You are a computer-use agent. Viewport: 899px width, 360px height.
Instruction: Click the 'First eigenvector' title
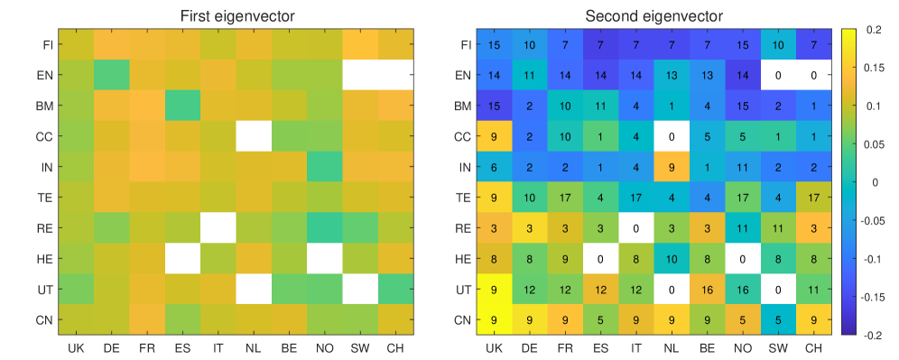coord(238,16)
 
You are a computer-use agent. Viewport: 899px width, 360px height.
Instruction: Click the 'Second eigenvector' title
coord(653,16)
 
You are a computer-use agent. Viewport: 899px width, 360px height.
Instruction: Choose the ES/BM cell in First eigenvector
coord(183,106)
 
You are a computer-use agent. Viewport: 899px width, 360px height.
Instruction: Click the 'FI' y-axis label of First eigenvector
coord(48,45)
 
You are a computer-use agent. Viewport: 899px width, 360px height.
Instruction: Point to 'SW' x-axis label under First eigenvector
coord(361,347)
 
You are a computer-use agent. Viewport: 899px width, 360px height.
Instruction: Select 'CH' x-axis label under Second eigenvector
coord(813,347)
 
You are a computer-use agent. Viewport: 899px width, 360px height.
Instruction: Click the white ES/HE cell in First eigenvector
coord(183,259)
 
